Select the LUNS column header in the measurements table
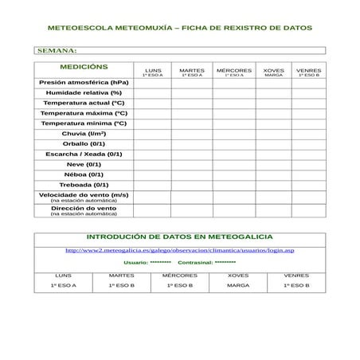coord(152,72)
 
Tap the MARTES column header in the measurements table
coord(191,72)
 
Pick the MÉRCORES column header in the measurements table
coord(234,72)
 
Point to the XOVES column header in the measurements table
coord(273,72)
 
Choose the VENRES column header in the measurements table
coord(308,72)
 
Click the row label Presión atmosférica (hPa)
coord(84,83)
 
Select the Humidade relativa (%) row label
coord(84,93)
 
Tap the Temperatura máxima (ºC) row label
coord(84,113)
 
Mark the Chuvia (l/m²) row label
coord(84,133)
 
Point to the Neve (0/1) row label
coord(84,164)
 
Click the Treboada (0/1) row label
coord(84,184)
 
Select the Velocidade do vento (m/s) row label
coord(84,194)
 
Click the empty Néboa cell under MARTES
coord(191,174)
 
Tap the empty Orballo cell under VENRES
coord(308,143)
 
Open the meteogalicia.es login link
coord(179,250)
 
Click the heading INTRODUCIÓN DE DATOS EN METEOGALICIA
coord(179,237)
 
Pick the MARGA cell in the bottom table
coord(237,285)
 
